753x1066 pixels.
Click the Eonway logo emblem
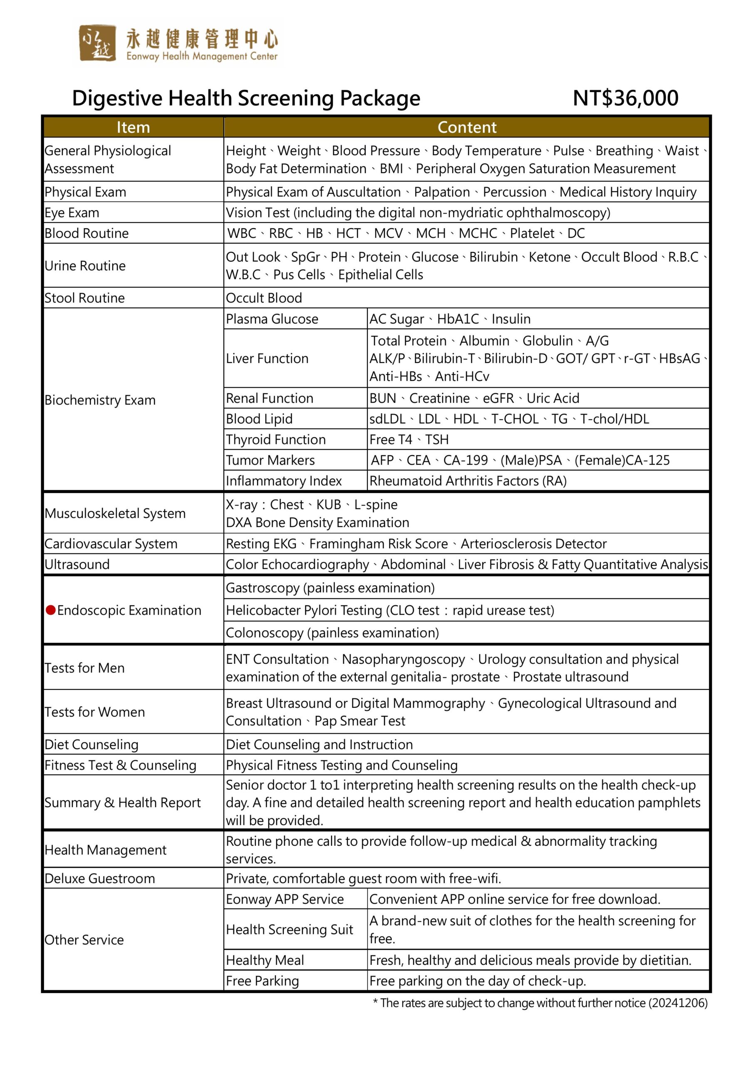pyautogui.click(x=97, y=43)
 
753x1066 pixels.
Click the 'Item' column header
pyautogui.click(x=133, y=127)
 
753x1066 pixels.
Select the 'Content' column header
pyautogui.click(x=467, y=127)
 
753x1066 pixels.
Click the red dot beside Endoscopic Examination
pyautogui.click(x=51, y=610)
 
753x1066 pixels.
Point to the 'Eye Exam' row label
pyautogui.click(x=72, y=213)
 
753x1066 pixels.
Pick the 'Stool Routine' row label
pyautogui.click(x=85, y=298)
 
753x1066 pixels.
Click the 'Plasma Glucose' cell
pyautogui.click(x=272, y=319)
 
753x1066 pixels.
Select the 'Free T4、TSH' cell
pyautogui.click(x=409, y=439)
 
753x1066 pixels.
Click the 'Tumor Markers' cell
pyautogui.click(x=270, y=460)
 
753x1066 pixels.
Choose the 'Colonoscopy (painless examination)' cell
pyautogui.click(x=332, y=633)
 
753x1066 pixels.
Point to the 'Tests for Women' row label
pyautogui.click(x=95, y=712)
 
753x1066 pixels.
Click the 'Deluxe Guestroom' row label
pyautogui.click(x=100, y=879)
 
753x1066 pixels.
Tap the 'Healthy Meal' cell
pyautogui.click(x=265, y=960)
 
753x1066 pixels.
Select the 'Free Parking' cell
pyautogui.click(x=262, y=981)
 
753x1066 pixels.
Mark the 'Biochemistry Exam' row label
pyautogui.click(x=100, y=400)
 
